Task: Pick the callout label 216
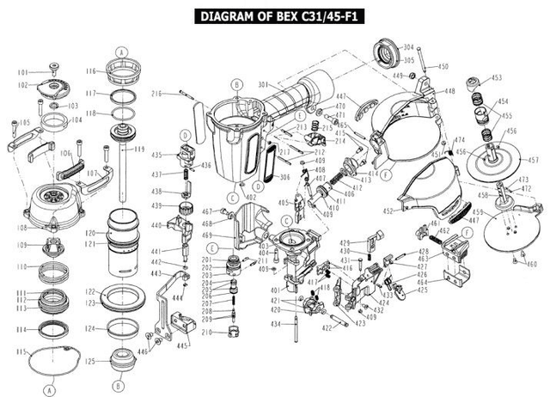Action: coord(157,94)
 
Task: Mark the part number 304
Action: coord(408,47)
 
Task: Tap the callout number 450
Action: coord(443,65)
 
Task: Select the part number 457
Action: coord(533,160)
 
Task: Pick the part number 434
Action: coord(276,324)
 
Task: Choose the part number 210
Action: coord(206,331)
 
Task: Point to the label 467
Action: coord(207,211)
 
